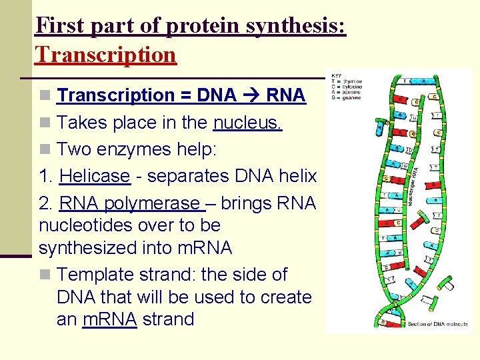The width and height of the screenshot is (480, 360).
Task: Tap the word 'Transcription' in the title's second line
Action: pyautogui.click(x=106, y=54)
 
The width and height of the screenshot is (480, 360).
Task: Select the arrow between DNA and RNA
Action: pyautogui.click(x=251, y=95)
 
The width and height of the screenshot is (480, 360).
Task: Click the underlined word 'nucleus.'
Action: pyautogui.click(x=248, y=123)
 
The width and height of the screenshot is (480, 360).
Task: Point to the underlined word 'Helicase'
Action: pyautogui.click(x=94, y=176)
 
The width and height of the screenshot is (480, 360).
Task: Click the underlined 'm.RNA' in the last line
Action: pyautogui.click(x=109, y=319)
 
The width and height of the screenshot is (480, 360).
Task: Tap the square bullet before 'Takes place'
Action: pyautogui.click(x=44, y=123)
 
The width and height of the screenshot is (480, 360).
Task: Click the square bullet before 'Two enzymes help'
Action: pyautogui.click(x=44, y=150)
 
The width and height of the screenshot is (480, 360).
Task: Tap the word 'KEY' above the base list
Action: pyautogui.click(x=337, y=76)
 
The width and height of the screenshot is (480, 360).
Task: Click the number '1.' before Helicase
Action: pyautogui.click(x=46, y=176)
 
